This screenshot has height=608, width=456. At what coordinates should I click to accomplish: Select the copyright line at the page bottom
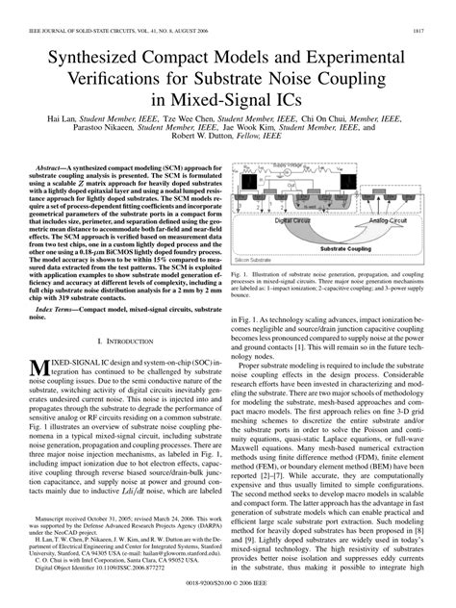pyautogui.click(x=227, y=598)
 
